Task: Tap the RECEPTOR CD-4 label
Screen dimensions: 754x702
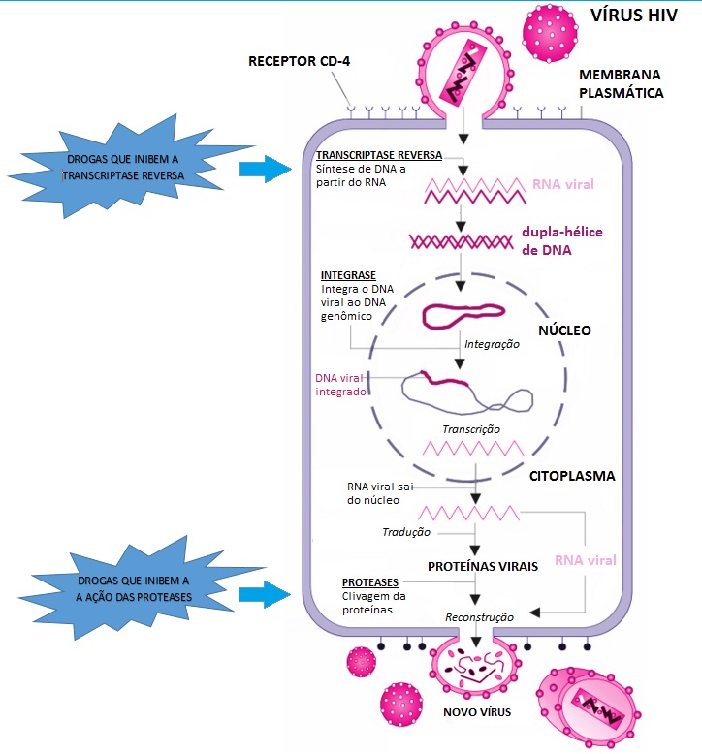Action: click(300, 63)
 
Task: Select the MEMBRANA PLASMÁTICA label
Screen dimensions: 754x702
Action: click(622, 84)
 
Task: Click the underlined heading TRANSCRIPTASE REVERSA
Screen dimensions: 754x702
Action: click(379, 155)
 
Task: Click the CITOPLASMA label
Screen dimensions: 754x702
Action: click(573, 477)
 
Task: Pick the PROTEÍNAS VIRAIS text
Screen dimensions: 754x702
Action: click(482, 565)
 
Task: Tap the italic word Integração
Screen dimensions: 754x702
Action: click(492, 344)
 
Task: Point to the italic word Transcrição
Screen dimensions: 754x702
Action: click(470, 428)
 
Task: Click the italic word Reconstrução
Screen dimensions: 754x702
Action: click(479, 616)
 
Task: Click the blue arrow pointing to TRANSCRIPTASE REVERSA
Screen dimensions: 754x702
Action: click(266, 171)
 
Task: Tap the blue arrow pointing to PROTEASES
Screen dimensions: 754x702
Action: click(266, 592)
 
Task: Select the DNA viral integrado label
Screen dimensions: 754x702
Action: click(340, 385)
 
